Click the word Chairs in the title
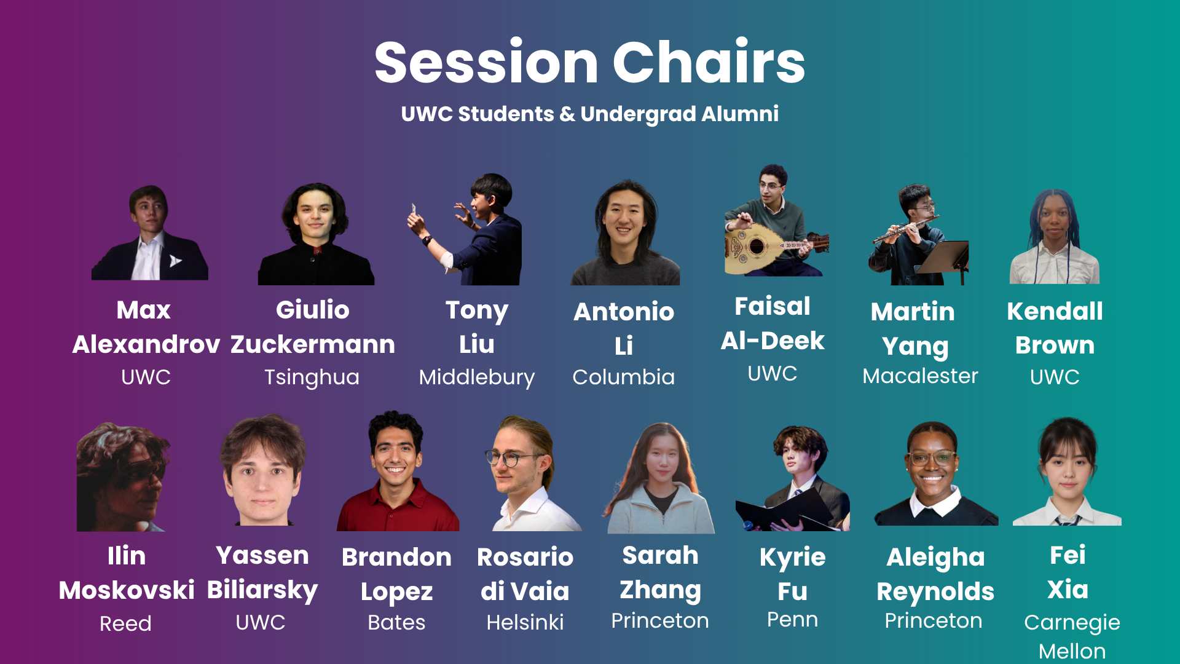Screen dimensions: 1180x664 [x=709, y=61]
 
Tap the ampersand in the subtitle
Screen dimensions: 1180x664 [x=567, y=114]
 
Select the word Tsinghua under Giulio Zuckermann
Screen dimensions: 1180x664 [x=312, y=377]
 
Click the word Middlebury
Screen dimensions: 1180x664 [x=476, y=377]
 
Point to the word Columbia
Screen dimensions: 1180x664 [x=623, y=377]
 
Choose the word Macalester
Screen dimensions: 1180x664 [x=920, y=376]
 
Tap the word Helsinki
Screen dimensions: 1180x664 [x=525, y=622]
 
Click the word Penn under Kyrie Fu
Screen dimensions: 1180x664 [x=792, y=620]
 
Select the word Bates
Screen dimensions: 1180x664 [x=396, y=622]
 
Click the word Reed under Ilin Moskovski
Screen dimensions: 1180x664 [x=125, y=623]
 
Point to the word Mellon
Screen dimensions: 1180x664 [x=1072, y=651]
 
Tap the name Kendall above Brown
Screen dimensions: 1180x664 [x=1055, y=311]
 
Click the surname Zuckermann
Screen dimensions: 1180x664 [x=313, y=344]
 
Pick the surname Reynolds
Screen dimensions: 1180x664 [x=935, y=591]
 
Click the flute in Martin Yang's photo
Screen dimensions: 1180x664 [x=906, y=229]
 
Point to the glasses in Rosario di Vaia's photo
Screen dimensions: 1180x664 [x=511, y=457]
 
